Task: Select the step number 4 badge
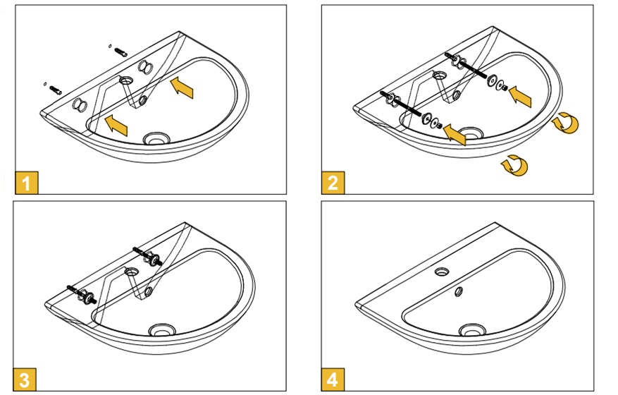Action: point(332,379)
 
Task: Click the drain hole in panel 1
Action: point(156,138)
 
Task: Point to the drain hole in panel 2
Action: point(469,132)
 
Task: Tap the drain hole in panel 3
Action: point(163,329)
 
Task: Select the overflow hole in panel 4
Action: point(459,291)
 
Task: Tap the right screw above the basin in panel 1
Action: point(120,51)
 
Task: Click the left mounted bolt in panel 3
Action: point(80,293)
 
